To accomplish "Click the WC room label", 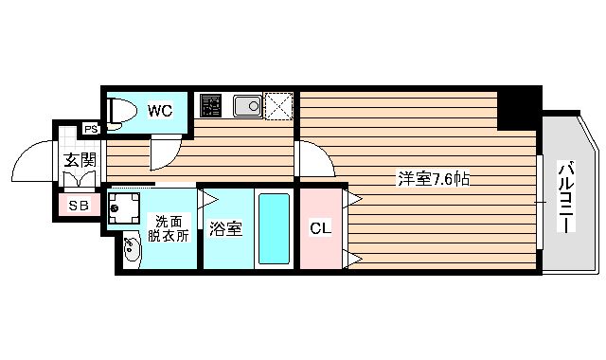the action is (x=160, y=111).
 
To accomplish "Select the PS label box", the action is (x=91, y=130).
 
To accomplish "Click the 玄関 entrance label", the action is (x=80, y=159).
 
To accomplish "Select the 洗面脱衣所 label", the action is (x=170, y=228).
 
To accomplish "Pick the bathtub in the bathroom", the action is (x=275, y=229).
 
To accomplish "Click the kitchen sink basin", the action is (x=247, y=105).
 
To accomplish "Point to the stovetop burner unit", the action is (x=210, y=105).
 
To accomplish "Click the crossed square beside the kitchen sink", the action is (x=279, y=105).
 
